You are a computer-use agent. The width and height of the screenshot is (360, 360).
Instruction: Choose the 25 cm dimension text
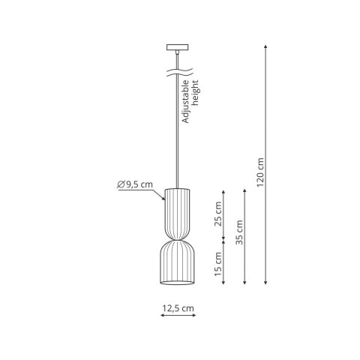point(219,214)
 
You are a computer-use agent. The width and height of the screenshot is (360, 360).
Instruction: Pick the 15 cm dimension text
point(219,265)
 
